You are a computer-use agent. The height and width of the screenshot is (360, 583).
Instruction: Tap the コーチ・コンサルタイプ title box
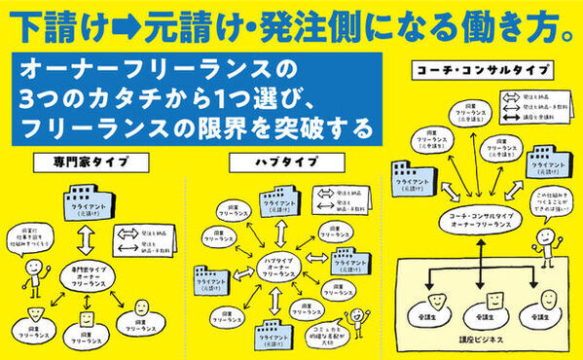(x=482, y=71)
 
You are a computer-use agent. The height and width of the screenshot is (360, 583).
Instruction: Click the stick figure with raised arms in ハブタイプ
(x=359, y=321)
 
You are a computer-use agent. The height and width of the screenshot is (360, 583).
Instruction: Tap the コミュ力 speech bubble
(x=326, y=333)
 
